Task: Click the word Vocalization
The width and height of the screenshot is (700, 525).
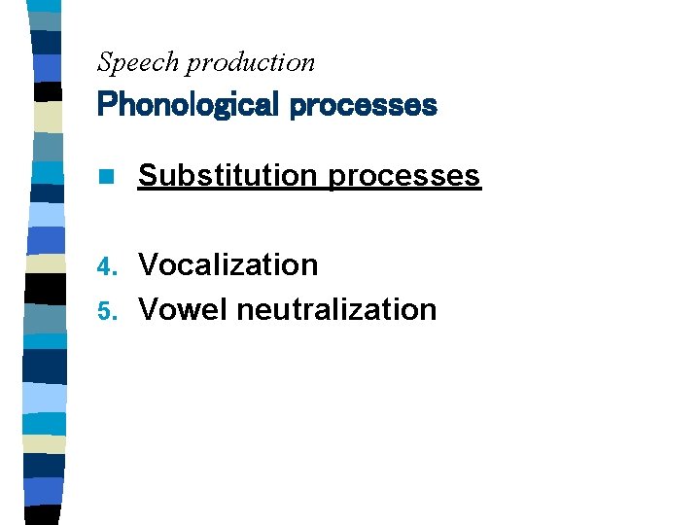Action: point(228,264)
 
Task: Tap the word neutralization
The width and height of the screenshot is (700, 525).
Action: point(336,309)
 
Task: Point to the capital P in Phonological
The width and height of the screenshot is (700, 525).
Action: point(106,104)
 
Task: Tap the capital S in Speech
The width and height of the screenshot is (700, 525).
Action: point(105,63)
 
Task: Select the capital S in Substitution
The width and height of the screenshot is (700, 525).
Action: point(149,175)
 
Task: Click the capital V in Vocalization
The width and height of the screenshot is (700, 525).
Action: point(149,264)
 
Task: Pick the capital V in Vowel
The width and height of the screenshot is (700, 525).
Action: point(149,309)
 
